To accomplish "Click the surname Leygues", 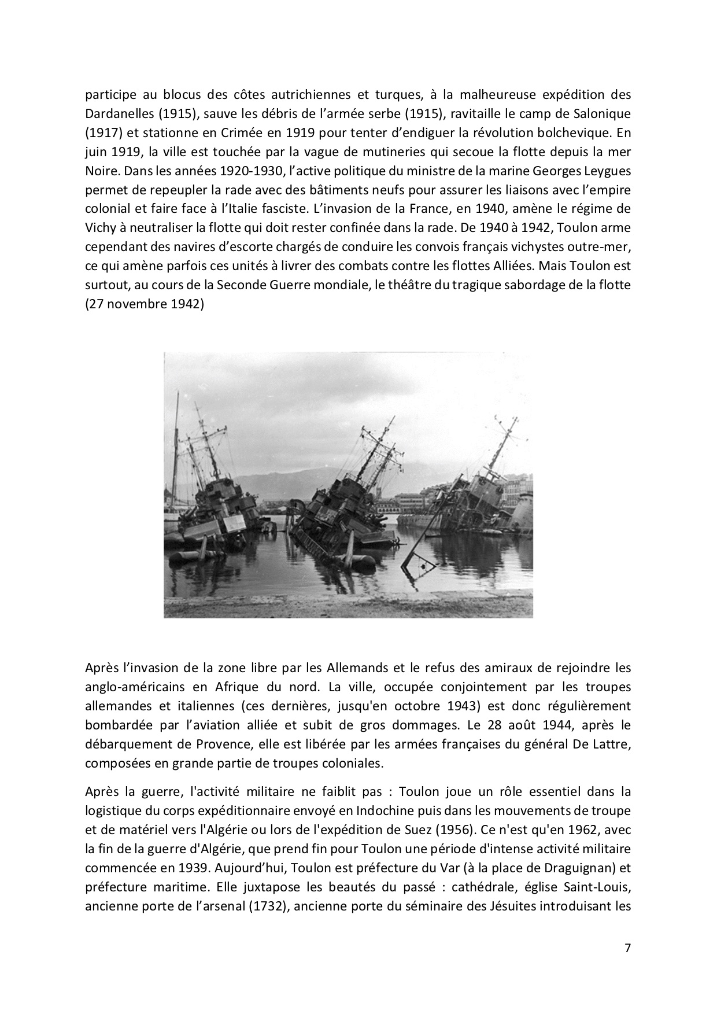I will click(607, 171).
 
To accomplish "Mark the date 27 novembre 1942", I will click(145, 304).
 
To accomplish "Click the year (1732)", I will click(268, 905).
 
